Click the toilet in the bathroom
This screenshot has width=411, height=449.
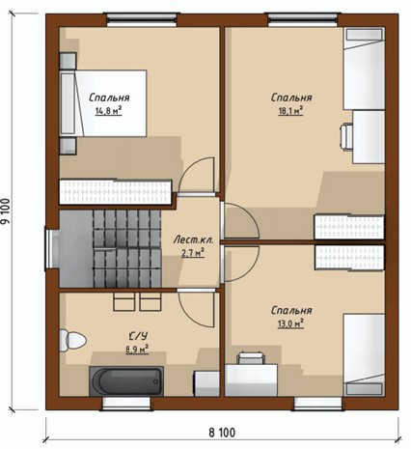click(x=72, y=340)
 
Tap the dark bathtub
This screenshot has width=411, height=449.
click(x=126, y=381)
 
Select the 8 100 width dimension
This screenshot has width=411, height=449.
click(x=222, y=433)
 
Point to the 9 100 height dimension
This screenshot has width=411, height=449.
click(x=5, y=211)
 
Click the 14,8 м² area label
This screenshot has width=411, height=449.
click(x=108, y=111)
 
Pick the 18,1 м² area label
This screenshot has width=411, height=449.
click(x=290, y=111)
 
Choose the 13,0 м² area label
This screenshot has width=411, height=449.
click(x=290, y=323)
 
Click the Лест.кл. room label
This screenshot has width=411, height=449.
click(x=193, y=239)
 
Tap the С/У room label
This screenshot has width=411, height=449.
click(x=138, y=337)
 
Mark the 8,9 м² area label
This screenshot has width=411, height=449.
click(x=137, y=350)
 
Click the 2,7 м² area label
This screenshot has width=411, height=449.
click(x=193, y=253)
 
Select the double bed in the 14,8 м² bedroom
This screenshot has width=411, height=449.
click(x=103, y=103)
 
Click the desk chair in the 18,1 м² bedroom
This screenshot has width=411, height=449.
click(x=346, y=137)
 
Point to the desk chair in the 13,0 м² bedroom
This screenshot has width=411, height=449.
click(x=251, y=358)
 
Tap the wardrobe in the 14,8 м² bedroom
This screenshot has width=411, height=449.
click(x=116, y=192)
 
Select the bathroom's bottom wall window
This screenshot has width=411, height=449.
click(x=126, y=404)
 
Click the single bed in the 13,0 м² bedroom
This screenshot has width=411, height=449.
click(x=364, y=355)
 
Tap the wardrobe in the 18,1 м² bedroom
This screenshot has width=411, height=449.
click(x=349, y=227)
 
